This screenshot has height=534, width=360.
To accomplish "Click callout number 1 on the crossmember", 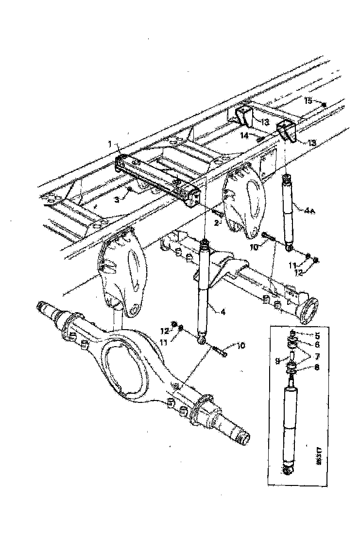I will (110, 144).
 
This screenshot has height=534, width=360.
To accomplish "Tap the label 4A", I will (310, 211).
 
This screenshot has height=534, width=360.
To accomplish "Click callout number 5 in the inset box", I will (317, 335).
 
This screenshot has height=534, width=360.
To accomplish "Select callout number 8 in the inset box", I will (317, 367).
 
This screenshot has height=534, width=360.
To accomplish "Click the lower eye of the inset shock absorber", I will (288, 469).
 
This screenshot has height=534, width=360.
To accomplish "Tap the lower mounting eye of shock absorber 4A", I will (290, 249).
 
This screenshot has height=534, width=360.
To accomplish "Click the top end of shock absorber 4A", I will (286, 178).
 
